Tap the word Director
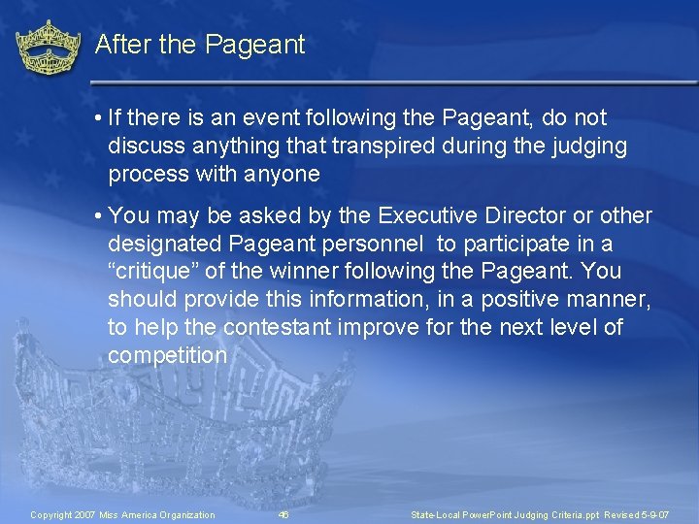(540, 215)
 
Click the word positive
(505, 300)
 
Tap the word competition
(167, 356)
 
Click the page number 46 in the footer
(283, 514)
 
